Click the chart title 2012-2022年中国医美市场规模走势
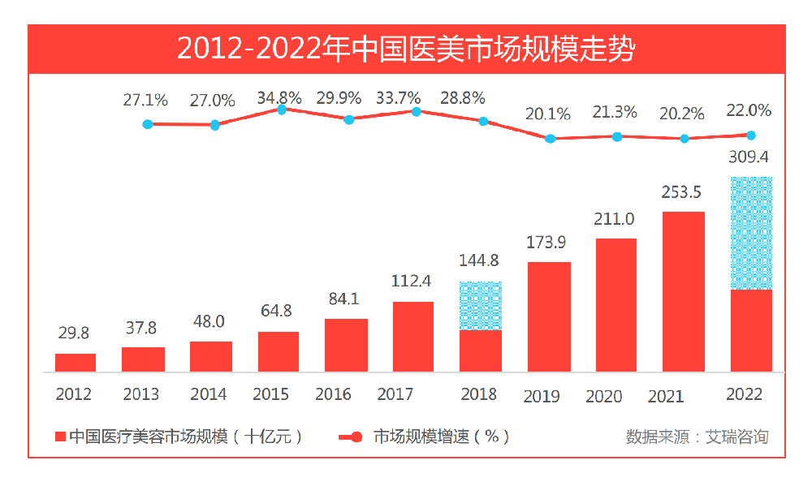406,49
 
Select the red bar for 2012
76,363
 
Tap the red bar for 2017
413,337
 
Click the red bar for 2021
684,291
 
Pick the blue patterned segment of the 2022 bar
751,233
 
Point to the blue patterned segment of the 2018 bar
481,306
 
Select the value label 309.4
749,157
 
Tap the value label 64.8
278,312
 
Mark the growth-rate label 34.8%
279,97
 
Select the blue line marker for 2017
417,111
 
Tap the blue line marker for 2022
751,135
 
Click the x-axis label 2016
333,395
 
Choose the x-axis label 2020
604,396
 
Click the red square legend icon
60,437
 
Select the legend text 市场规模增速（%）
442,437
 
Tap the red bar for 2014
211,356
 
